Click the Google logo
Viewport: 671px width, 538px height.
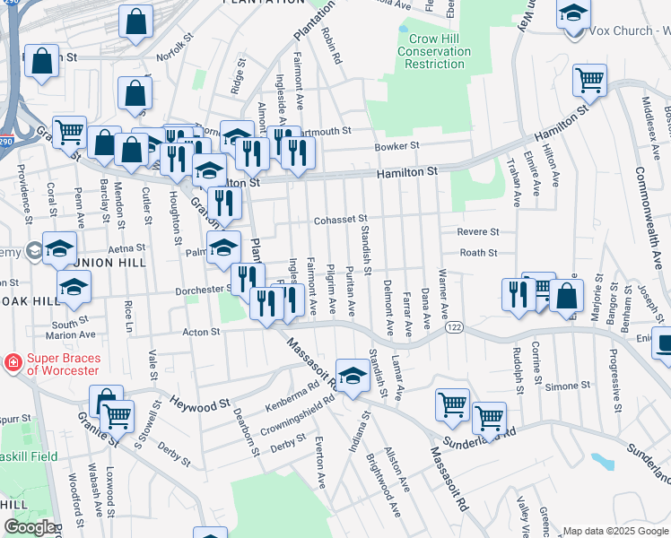point(29,527)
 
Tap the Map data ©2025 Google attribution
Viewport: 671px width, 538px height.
point(615,531)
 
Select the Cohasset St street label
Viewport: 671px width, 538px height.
point(341,220)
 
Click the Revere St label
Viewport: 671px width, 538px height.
point(477,231)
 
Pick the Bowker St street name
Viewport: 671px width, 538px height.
point(397,145)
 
